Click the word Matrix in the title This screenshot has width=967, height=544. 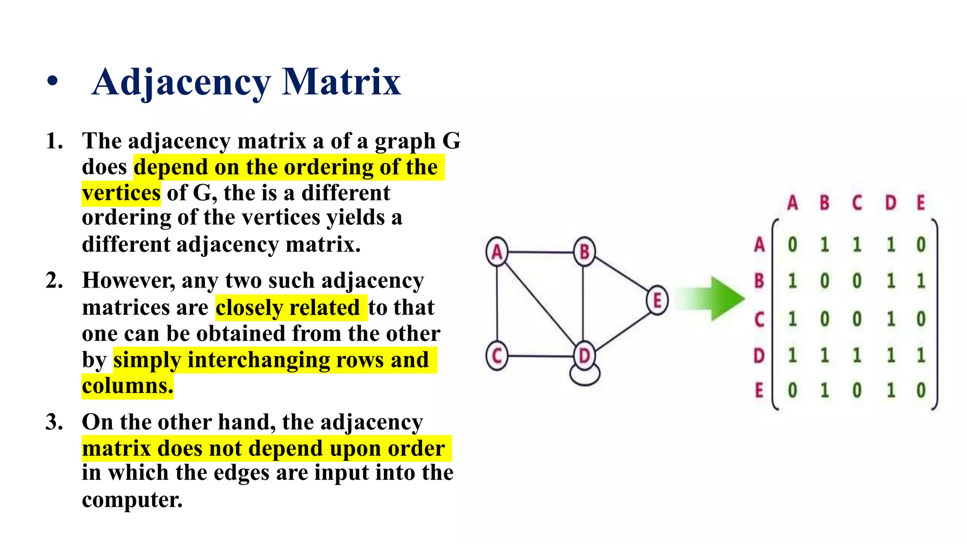tap(341, 82)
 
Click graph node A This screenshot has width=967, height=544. tap(497, 252)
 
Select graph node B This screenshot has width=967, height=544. tap(585, 252)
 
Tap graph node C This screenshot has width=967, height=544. tap(497, 356)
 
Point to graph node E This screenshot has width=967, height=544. tap(657, 300)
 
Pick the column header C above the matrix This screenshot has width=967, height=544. tap(857, 203)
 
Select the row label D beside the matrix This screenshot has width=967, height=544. tap(759, 356)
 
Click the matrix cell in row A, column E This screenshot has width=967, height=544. tap(921, 245)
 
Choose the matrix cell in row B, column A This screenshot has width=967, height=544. tap(792, 281)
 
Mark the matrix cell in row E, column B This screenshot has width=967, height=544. tap(824, 391)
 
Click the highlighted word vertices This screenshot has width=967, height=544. tap(121, 193)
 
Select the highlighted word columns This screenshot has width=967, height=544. tap(127, 386)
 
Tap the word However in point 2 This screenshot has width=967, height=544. tap(128, 280)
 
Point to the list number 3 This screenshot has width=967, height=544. tap(53, 422)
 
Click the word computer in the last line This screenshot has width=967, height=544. tap(132, 500)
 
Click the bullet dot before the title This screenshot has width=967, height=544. tap(52, 81)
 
